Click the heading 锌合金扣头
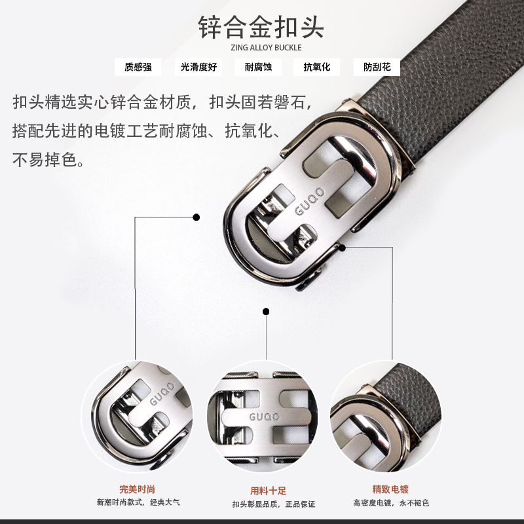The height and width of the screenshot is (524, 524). click(261, 27)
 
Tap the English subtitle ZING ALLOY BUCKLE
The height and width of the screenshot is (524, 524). click(266, 47)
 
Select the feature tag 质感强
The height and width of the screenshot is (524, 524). click(138, 67)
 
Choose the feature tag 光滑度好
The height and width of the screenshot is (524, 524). click(199, 67)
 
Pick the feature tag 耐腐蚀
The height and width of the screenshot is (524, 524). click(258, 67)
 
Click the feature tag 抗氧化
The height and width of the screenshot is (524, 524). click(317, 67)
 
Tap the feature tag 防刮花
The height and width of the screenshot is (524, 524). click(377, 67)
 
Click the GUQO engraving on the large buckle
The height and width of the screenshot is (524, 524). click(309, 201)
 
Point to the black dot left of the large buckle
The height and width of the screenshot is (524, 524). click(196, 217)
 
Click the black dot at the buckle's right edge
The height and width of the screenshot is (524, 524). click(342, 248)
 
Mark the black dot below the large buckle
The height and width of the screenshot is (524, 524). click(266, 312)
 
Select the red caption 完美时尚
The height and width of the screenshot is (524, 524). click(138, 489)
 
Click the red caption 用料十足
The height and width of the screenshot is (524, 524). click(268, 491)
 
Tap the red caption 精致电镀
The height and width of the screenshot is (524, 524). click(390, 489)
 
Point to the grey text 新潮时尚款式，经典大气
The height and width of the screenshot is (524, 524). click(138, 502)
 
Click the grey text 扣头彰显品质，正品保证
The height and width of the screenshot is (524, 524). click(274, 504)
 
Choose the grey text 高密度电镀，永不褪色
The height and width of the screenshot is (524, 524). click(391, 502)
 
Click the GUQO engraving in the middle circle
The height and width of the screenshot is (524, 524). click(264, 417)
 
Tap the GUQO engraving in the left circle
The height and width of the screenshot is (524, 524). click(162, 394)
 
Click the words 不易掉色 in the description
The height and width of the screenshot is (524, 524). click(45, 160)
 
